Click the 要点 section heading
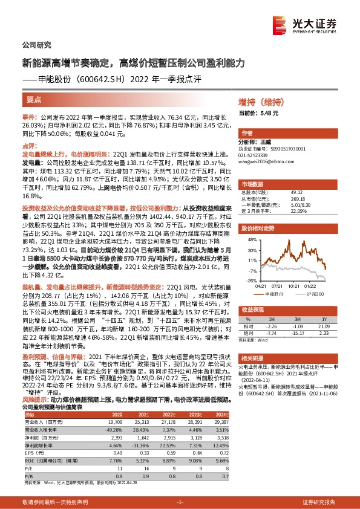pos(34,100)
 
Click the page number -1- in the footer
pos(179,502)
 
